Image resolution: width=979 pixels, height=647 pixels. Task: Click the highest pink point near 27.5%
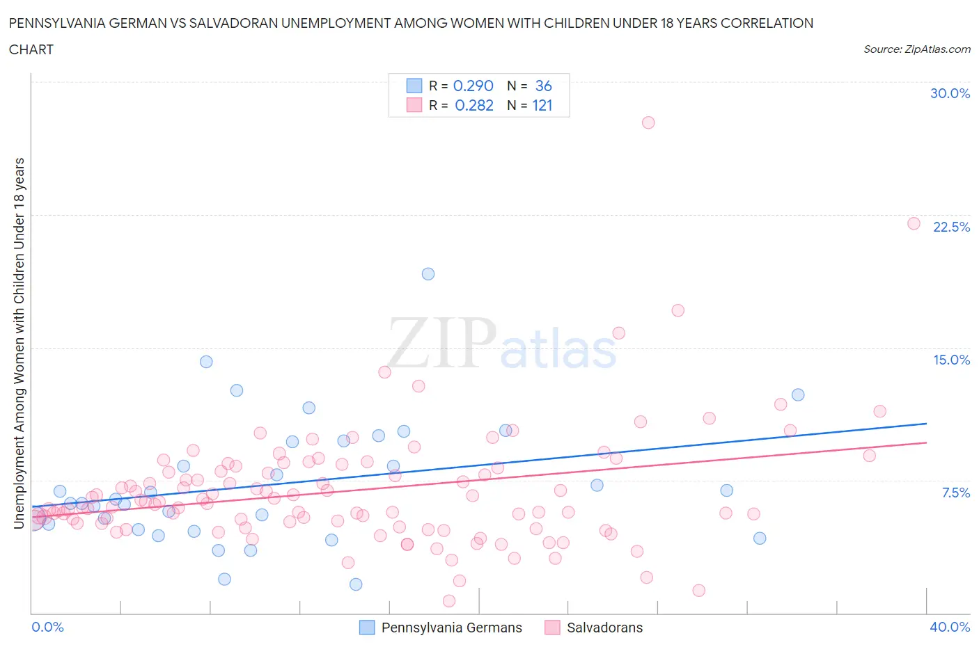point(648,122)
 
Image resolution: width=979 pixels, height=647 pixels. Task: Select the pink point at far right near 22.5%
point(914,223)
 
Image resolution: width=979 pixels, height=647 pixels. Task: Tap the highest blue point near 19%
point(428,274)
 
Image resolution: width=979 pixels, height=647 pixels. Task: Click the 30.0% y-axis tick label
point(950,93)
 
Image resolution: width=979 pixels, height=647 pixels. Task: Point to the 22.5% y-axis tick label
point(951,227)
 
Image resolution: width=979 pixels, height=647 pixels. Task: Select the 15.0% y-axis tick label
point(951,360)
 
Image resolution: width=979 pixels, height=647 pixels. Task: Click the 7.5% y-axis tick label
point(955,493)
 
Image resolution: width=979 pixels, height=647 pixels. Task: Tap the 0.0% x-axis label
point(47,627)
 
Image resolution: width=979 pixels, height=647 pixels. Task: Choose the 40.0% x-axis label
point(950,627)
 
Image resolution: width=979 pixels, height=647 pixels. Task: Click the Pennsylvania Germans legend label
point(451,628)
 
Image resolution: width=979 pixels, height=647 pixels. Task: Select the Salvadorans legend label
point(604,628)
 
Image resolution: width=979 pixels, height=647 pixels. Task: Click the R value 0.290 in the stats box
point(473,86)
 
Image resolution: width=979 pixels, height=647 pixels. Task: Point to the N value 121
point(542,105)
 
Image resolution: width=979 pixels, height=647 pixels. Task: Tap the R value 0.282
point(473,105)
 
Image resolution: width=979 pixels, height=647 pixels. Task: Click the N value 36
point(543,86)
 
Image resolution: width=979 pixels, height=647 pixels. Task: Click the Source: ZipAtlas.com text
point(916,49)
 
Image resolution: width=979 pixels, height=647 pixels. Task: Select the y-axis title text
point(19,343)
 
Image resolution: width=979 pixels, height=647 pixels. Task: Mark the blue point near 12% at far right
point(798,394)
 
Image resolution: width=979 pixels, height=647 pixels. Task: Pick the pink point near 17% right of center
point(678,310)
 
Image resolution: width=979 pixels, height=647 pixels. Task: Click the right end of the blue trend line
point(926,423)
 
